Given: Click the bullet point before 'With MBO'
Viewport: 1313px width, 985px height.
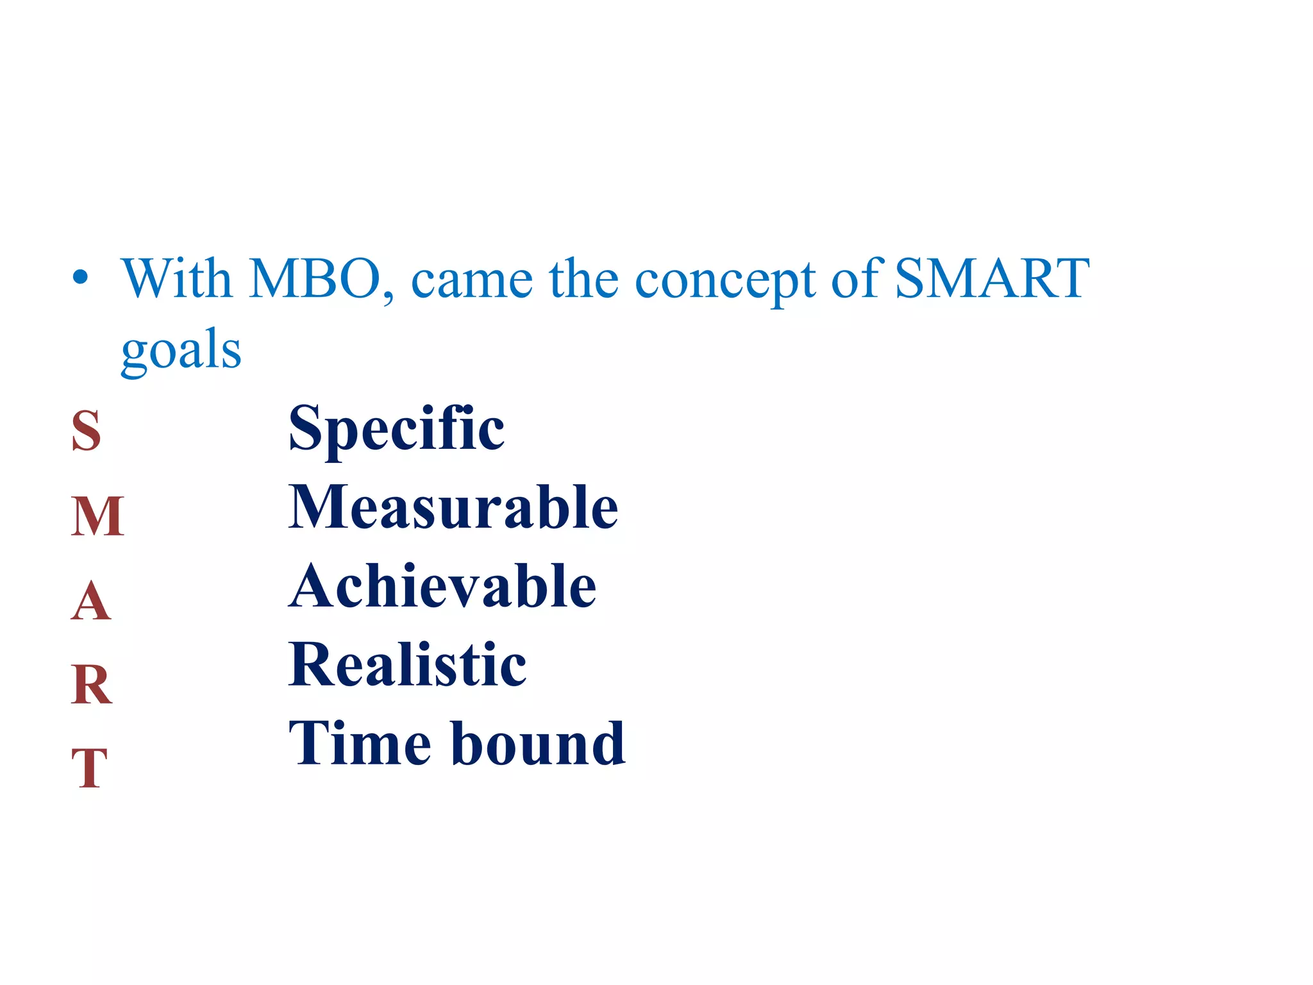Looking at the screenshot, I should tap(80, 278).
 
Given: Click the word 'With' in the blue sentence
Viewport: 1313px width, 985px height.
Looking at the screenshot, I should tap(176, 279).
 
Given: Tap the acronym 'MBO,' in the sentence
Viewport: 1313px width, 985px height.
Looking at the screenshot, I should tap(321, 280).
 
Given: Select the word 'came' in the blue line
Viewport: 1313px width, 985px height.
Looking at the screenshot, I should tap(471, 282).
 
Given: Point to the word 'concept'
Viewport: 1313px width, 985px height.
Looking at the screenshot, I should tap(724, 282).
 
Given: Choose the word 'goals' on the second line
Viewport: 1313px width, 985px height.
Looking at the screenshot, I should tap(181, 351).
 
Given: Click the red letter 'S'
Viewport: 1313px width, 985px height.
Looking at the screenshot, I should tap(87, 430).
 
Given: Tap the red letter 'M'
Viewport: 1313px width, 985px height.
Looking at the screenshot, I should tap(97, 516).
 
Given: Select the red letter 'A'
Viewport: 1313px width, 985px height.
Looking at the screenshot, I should tap(91, 601).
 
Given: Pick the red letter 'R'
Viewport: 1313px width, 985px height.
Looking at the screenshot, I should tap(92, 684).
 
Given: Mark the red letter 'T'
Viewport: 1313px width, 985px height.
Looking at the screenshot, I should tap(90, 768).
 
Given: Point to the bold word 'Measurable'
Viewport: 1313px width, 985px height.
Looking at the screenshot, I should tap(453, 507).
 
